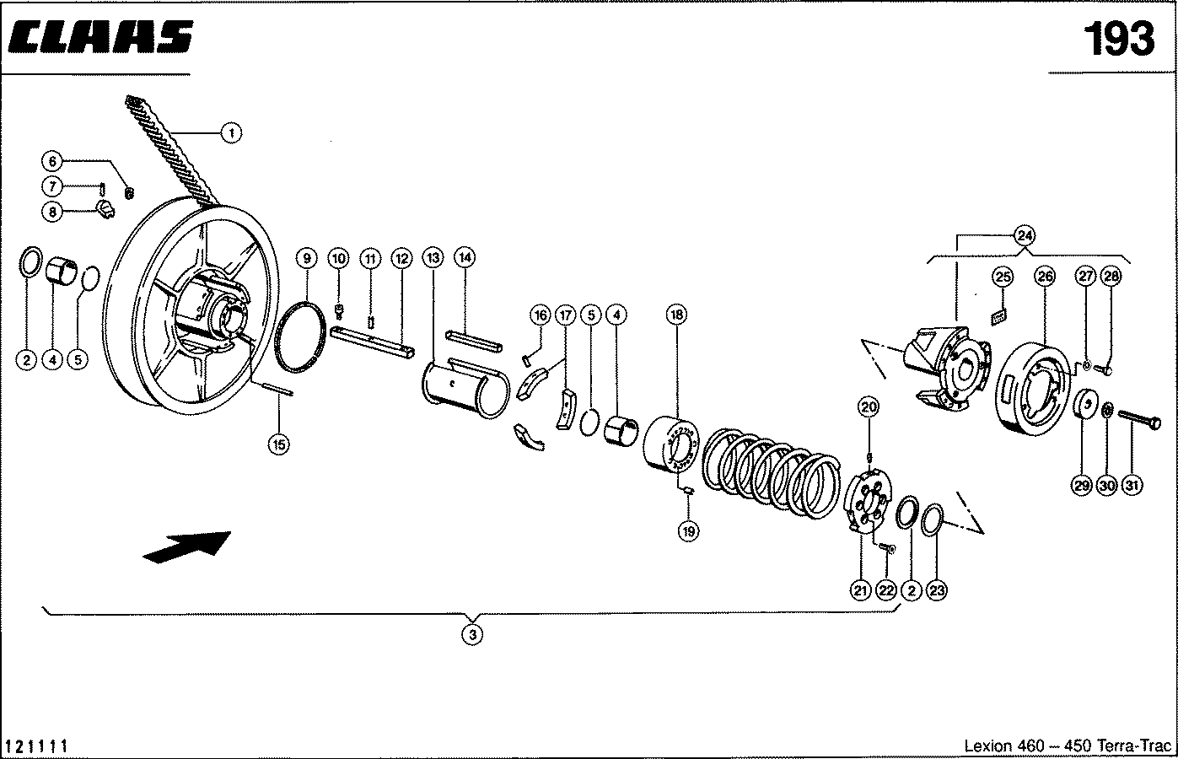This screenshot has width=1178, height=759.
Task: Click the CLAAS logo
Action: (100, 37)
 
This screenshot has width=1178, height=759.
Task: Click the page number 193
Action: (1119, 39)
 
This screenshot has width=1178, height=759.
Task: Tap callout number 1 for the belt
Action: (231, 133)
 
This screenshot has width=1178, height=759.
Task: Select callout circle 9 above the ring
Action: (307, 258)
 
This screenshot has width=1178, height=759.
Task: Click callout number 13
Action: (433, 258)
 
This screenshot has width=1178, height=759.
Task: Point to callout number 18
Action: (677, 315)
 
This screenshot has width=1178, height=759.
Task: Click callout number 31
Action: (1132, 484)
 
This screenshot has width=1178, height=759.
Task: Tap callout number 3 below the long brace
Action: (472, 634)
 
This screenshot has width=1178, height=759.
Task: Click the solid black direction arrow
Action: (187, 547)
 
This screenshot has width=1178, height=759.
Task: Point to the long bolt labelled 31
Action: (1138, 421)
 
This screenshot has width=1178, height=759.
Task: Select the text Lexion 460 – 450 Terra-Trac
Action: (1068, 746)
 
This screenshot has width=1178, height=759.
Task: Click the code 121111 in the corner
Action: (36, 746)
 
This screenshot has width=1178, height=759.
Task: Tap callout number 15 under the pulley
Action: (279, 445)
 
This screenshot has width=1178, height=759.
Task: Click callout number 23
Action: (937, 590)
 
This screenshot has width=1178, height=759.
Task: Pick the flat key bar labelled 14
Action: (474, 341)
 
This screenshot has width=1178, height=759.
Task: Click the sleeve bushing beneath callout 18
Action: (671, 444)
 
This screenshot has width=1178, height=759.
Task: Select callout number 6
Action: (52, 161)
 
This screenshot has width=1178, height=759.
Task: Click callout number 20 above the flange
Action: (869, 406)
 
